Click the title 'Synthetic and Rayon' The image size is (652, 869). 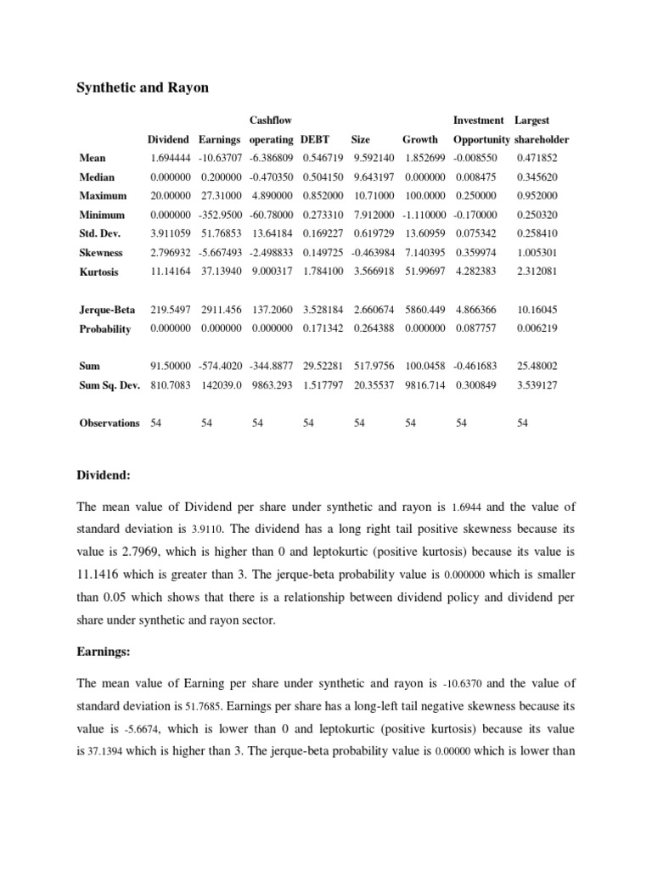tap(143, 88)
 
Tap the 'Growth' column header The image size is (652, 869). tap(420, 139)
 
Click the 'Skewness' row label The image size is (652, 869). tap(101, 253)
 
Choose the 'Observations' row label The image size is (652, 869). tap(110, 423)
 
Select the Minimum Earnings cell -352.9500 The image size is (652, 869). tap(220, 215)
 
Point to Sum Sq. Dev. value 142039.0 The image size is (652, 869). tap(220, 384)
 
